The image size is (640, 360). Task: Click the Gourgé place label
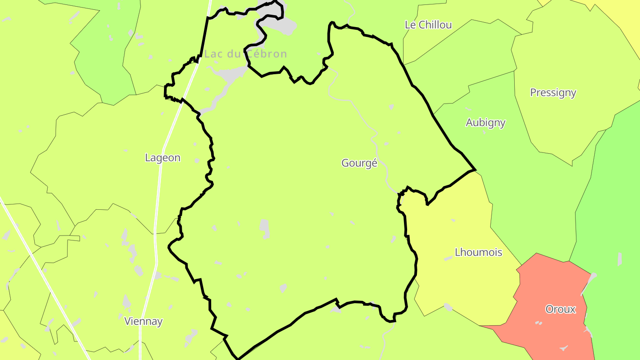point(359,163)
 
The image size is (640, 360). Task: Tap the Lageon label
point(163,158)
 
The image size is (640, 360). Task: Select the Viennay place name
point(143,321)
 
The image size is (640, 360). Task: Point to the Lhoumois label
point(478,252)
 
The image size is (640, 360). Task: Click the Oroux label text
point(560,309)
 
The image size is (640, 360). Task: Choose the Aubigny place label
point(485,123)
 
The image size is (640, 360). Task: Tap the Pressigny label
point(553,92)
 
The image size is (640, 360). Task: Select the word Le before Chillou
point(410,25)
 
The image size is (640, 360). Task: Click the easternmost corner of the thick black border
point(476,170)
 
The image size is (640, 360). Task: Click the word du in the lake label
point(234,54)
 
